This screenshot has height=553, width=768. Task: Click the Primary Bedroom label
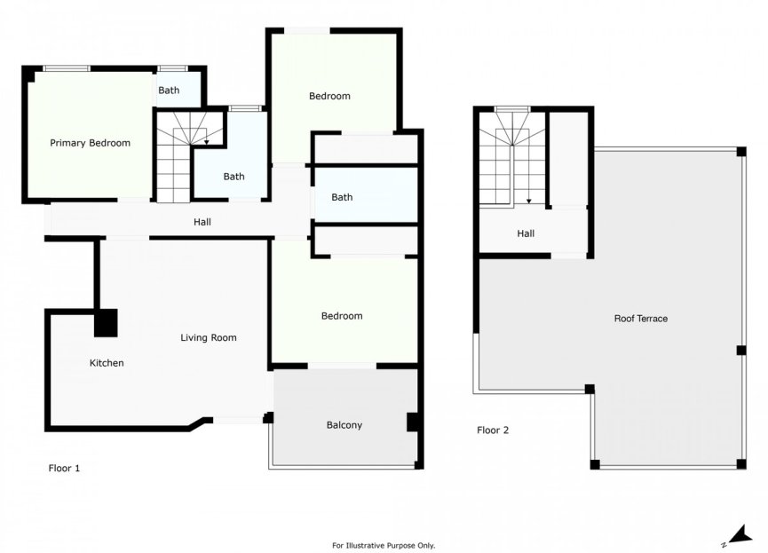pos(90,143)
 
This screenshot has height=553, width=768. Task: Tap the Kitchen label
pos(107,363)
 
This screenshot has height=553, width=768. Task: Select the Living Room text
pos(209,337)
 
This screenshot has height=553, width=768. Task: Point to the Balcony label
pos(344,425)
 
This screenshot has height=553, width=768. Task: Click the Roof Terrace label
pos(640,318)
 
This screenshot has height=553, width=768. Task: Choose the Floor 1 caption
pos(64,467)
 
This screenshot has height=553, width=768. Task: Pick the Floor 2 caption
pos(493,431)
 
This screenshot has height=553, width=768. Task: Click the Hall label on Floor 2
pos(526,234)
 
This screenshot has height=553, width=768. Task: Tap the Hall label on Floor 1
pos(202,222)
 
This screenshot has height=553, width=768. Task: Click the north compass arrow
pos(728,534)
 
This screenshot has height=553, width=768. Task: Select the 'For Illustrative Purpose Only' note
pos(384,545)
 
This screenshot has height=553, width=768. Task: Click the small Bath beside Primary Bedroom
pos(169,91)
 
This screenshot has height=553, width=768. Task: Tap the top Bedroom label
pos(329,96)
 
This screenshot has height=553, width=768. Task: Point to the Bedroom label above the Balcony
pos(342,316)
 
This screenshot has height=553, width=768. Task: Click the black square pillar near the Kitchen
pos(106,322)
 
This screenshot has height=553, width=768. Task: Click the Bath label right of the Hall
pos(342,197)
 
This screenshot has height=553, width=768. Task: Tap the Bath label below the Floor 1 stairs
pos(234,177)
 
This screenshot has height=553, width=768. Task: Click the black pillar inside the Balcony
pos(412,422)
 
